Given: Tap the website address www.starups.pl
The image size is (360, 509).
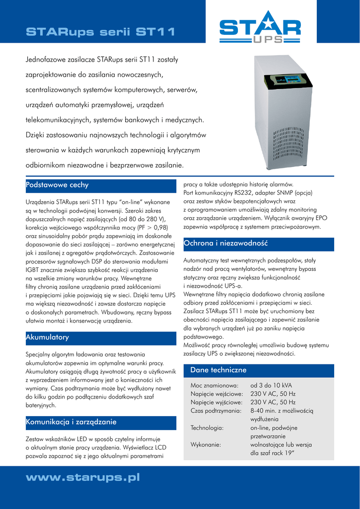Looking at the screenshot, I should pyautogui.click(x=82, y=478).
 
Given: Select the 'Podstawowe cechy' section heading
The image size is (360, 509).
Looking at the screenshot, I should pyautogui.click(x=57, y=185).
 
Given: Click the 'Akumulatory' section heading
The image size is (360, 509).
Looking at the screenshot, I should pyautogui.click(x=47, y=338).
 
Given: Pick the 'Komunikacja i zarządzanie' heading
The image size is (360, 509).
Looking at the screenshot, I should pyautogui.click(x=71, y=422).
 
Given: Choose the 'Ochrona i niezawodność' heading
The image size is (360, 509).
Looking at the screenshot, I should pyautogui.click(x=225, y=244).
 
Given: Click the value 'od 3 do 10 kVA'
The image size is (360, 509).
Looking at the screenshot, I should pyautogui.click(x=271, y=385).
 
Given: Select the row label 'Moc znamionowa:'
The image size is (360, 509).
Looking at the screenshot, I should pyautogui.click(x=215, y=385).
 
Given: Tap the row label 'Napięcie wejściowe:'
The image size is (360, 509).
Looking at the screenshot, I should pyautogui.click(x=216, y=394).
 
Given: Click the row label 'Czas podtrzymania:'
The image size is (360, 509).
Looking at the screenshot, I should pyautogui.click(x=216, y=411).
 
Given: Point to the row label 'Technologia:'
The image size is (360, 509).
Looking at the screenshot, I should pyautogui.click(x=207, y=427).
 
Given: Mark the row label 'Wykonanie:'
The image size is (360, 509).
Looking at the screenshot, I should pyautogui.click(x=206, y=444).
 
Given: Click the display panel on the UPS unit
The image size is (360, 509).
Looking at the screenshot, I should pyautogui.click(x=293, y=80).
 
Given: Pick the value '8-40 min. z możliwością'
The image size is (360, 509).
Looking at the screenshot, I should pyautogui.click(x=282, y=411).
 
